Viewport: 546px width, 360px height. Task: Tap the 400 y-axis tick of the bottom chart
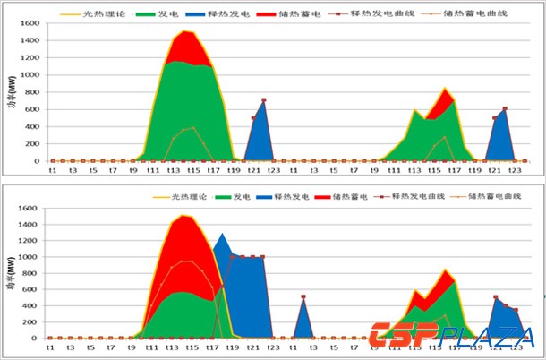30,305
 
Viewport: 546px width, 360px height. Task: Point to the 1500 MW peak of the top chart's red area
184,32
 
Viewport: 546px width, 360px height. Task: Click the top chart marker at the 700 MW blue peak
263,100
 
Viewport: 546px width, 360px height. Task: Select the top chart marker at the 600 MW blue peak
505,109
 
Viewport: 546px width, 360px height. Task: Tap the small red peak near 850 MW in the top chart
445,89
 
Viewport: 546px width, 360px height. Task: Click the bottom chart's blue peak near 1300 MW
221,234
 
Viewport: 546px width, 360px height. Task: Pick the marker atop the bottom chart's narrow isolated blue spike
303,297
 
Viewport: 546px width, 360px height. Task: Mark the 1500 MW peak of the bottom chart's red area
184,216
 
